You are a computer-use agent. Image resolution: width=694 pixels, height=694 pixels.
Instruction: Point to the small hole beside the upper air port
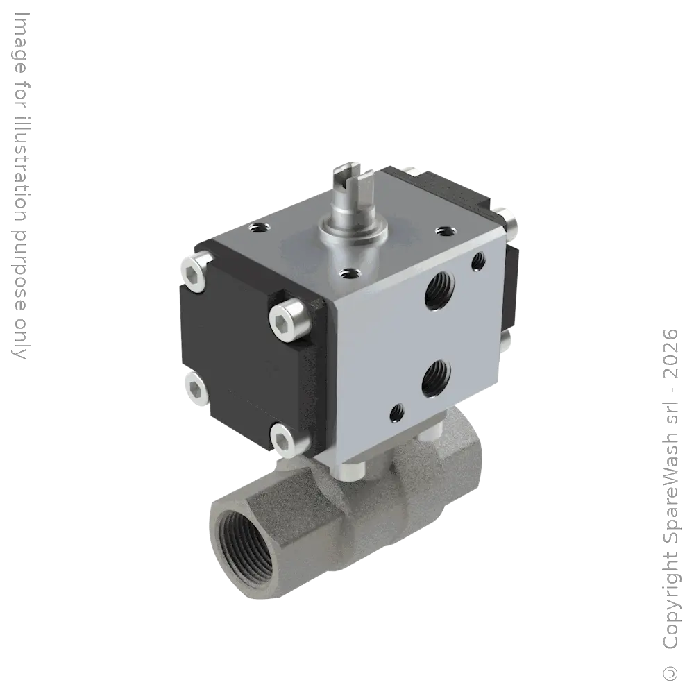[x=478, y=262]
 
